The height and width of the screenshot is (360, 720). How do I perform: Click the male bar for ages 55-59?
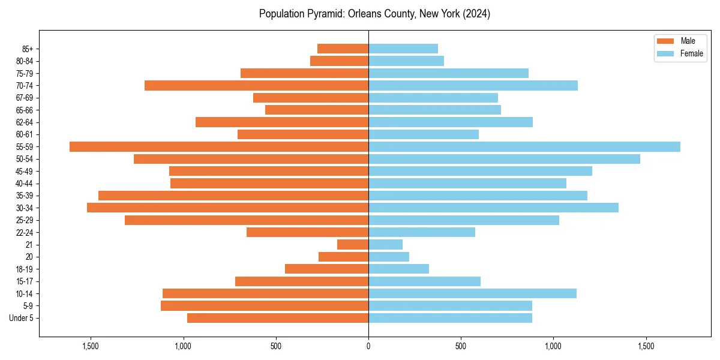click(x=219, y=147)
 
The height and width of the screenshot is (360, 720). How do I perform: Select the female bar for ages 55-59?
click(x=524, y=147)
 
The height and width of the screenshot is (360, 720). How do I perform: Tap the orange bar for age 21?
click(x=353, y=245)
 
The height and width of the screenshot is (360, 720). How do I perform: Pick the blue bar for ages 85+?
click(x=403, y=49)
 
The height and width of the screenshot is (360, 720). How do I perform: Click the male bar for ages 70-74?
click(x=256, y=86)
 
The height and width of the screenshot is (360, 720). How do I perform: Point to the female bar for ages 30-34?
click(x=493, y=208)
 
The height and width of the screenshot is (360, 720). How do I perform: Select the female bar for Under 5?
click(x=450, y=318)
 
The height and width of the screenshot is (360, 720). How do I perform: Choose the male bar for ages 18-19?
click(x=326, y=269)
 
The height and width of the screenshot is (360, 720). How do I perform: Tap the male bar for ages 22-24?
click(x=307, y=232)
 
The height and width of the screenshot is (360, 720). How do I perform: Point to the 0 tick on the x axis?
click(x=368, y=346)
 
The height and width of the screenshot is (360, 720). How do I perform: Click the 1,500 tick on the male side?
click(x=91, y=346)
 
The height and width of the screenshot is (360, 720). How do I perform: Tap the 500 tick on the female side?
click(x=461, y=346)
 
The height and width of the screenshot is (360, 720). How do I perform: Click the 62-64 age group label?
click(x=25, y=122)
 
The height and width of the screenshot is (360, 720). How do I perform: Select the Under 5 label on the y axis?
click(x=21, y=318)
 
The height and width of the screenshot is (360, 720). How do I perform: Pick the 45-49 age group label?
click(x=25, y=171)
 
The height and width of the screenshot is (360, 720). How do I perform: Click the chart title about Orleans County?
click(x=374, y=14)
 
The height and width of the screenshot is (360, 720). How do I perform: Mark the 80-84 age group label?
click(x=25, y=61)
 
